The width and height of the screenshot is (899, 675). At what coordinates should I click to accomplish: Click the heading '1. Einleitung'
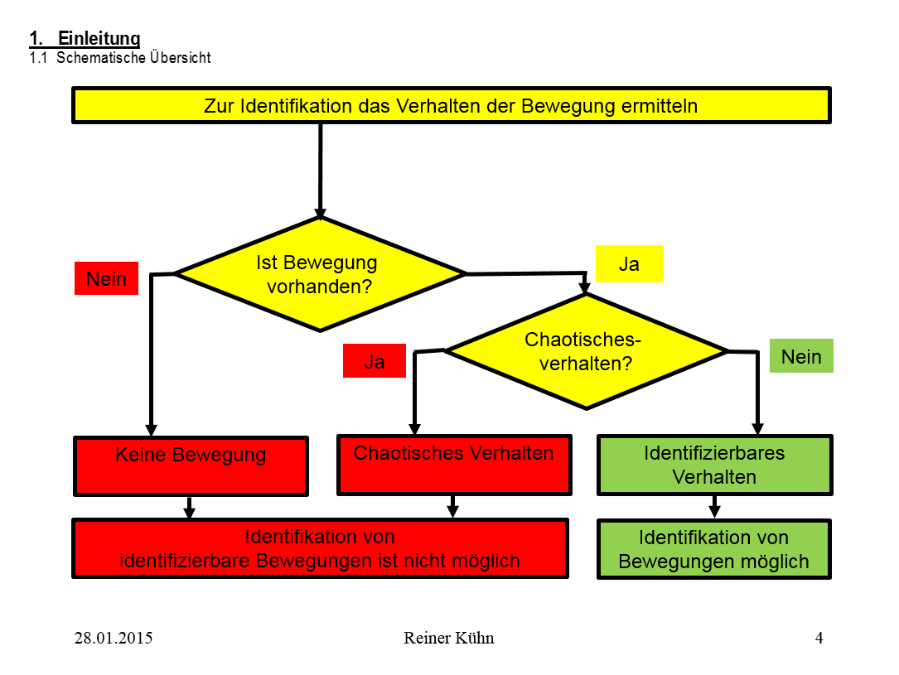[x=85, y=38]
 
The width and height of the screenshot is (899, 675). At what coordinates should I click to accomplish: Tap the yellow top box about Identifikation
[x=451, y=106]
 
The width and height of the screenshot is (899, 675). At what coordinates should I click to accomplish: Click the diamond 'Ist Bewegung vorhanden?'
[x=320, y=274]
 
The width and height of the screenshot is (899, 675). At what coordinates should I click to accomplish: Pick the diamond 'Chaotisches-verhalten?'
[x=586, y=351]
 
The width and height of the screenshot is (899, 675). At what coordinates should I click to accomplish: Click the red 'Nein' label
[x=106, y=279]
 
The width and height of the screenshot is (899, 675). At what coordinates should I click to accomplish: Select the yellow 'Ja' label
[x=630, y=264]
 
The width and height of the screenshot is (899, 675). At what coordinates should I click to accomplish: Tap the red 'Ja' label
[x=375, y=362]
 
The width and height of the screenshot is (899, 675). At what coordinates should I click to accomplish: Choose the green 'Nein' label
[x=801, y=356]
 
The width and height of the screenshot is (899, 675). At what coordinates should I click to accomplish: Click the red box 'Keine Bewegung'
[x=191, y=466]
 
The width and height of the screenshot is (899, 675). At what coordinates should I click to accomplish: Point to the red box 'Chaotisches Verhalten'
[x=453, y=465]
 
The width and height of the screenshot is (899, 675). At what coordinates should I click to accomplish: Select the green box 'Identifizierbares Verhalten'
[x=714, y=465]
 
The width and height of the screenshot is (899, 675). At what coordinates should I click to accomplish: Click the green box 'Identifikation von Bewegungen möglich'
[x=713, y=549]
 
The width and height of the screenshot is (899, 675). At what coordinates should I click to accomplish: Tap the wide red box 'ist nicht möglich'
[x=320, y=549]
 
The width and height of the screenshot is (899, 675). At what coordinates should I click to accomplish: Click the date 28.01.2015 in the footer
[x=114, y=638]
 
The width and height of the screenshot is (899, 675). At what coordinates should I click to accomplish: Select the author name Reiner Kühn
[x=448, y=638]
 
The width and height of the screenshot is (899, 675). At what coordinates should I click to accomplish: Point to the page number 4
[x=819, y=638]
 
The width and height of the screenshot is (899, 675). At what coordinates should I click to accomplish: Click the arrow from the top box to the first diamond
[x=320, y=170]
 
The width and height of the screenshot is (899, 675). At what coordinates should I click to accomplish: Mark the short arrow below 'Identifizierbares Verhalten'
[x=714, y=507]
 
